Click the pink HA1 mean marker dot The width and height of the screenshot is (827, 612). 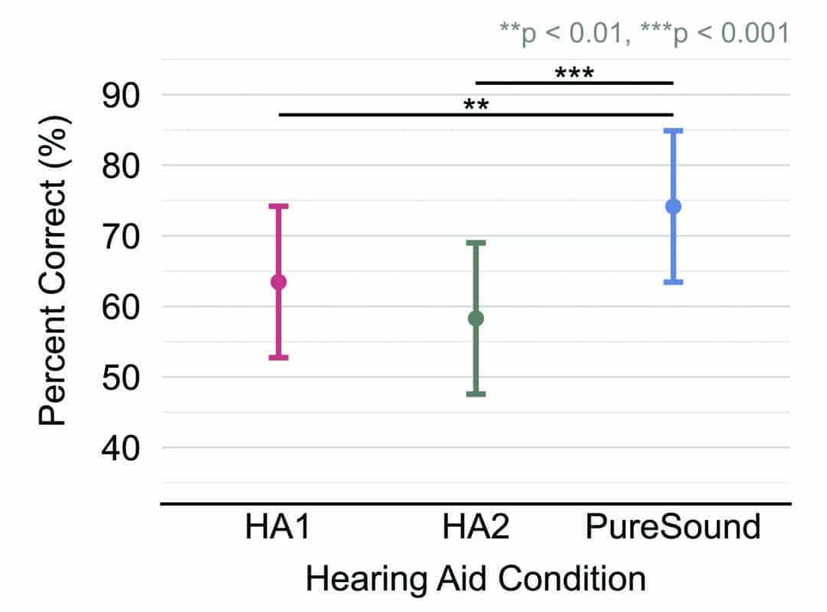(x=279, y=282)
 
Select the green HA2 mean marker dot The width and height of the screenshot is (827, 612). (x=476, y=318)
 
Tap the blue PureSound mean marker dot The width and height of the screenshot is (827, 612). (x=673, y=206)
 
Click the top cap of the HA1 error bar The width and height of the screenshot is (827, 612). (x=279, y=206)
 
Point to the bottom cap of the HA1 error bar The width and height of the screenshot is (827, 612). (x=279, y=358)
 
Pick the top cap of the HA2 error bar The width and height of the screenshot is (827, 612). (x=476, y=243)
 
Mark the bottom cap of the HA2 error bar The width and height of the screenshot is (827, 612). (x=476, y=394)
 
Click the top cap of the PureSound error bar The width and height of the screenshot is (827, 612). (x=673, y=131)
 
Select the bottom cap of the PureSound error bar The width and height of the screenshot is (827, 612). (x=673, y=282)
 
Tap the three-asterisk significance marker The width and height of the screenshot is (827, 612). (x=574, y=74)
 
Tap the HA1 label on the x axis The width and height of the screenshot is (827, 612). (x=278, y=529)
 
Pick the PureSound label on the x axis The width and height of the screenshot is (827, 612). (x=673, y=529)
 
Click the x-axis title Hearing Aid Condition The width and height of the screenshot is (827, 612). (x=476, y=578)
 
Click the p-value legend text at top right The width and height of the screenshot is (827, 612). (x=643, y=33)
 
